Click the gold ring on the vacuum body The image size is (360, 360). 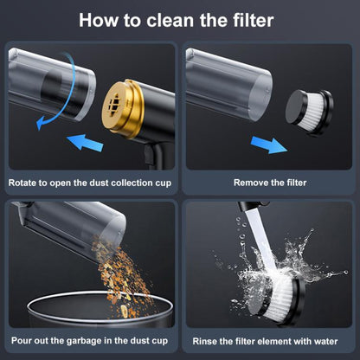tap(123, 109)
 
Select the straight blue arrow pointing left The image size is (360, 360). tap(85, 143)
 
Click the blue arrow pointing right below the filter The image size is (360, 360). tap(269, 145)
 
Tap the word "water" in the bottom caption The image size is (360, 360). tap(325, 342)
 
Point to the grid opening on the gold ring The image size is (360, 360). tap(114, 104)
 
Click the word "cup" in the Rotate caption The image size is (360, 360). tap(164, 183)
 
